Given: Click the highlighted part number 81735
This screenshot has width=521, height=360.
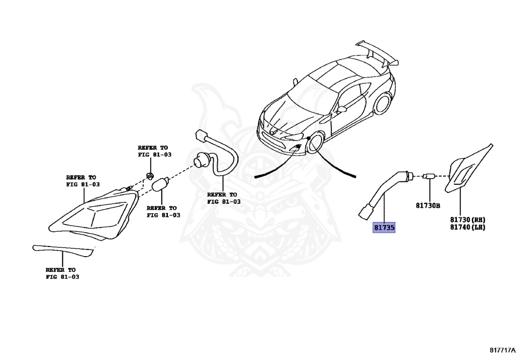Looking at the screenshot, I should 384,228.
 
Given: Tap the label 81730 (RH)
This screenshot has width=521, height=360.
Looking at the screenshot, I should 467,219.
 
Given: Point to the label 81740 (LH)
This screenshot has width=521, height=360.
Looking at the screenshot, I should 467,227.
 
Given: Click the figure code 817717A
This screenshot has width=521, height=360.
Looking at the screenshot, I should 503,350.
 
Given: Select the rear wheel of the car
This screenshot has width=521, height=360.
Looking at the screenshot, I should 383,103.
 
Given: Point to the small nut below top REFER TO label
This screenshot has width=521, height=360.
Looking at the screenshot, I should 150,176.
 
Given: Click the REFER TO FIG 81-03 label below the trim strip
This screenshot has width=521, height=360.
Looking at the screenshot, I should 62,273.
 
